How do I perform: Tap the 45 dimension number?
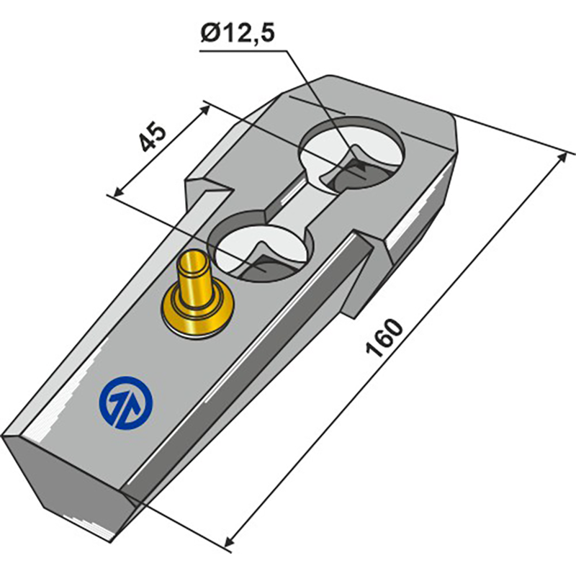pyautogui.click(x=153, y=136)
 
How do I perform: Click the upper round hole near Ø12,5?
pyautogui.click(x=353, y=155)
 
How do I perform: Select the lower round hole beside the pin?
pyautogui.click(x=261, y=244)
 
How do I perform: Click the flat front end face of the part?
pyautogui.click(x=76, y=482)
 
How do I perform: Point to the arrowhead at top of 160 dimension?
pyautogui.click(x=562, y=158)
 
